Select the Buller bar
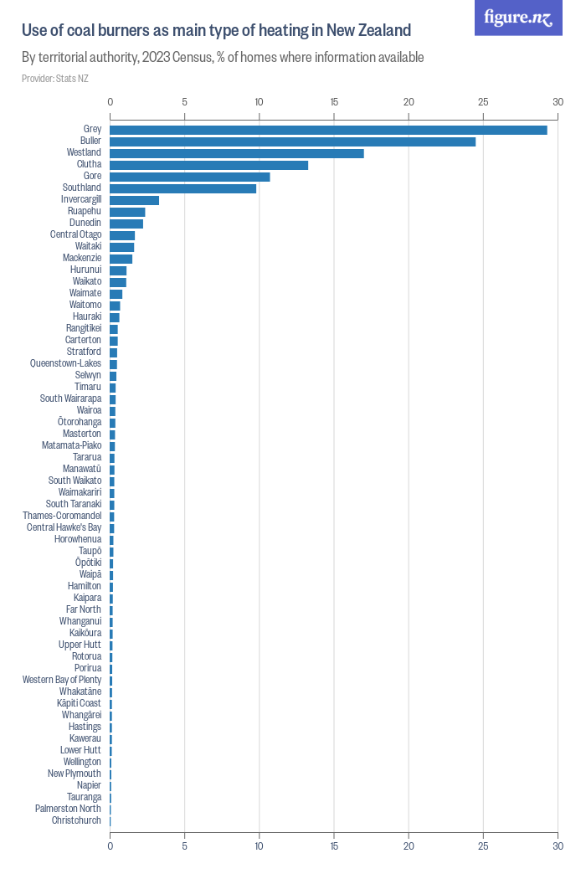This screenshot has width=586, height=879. coord(292,141)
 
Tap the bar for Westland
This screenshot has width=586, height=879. coord(237,153)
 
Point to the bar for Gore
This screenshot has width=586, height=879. coord(190,177)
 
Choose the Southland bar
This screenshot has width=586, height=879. coord(182,188)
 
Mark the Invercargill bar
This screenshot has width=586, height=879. coord(134,200)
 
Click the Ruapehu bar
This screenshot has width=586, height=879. coord(127,212)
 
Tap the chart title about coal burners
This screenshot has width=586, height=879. coord(216,31)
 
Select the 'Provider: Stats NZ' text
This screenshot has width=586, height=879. coord(55,79)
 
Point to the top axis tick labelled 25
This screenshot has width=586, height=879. coord(483,102)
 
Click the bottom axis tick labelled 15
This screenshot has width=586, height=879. coord(334,846)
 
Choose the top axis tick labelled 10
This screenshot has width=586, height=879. coord(260,102)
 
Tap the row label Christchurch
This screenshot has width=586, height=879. coord(76,820)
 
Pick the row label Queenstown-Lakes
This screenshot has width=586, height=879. coord(65,363)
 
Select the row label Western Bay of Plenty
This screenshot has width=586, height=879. coord(62,680)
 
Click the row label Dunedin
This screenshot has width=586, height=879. coord(85,223)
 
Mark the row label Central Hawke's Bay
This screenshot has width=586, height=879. coord(64,527)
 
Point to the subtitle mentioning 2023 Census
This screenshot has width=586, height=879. coord(223,58)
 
